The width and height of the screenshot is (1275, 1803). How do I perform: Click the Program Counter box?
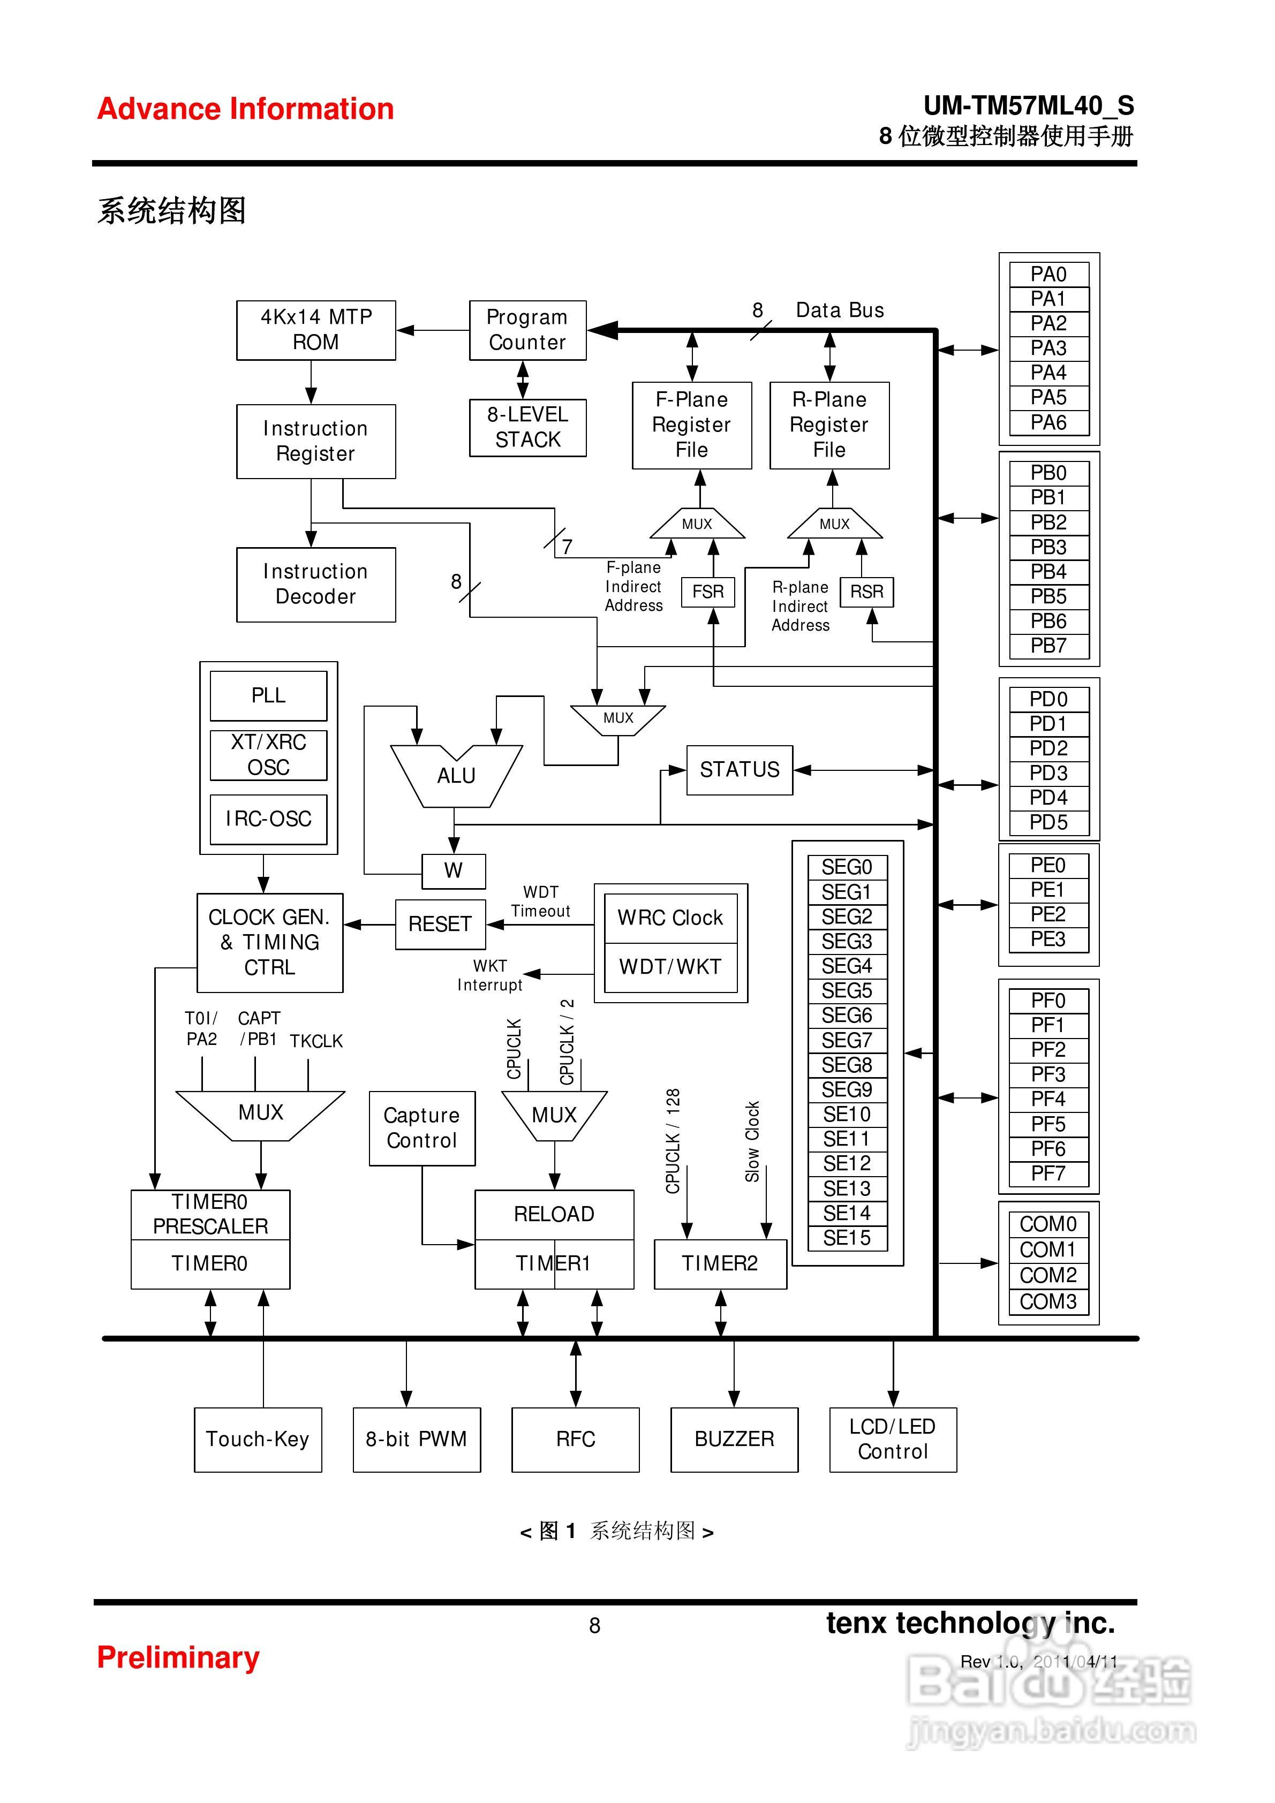pos(527,330)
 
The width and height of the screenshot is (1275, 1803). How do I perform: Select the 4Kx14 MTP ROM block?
pos(316,330)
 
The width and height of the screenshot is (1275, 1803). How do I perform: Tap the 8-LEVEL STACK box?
pos(527,427)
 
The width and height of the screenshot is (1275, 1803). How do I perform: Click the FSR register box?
pos(708,592)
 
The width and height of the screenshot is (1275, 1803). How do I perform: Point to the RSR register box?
pos(866,592)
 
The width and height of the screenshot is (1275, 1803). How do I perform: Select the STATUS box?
pos(739,770)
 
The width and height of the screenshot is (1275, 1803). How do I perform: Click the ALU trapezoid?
pos(456,776)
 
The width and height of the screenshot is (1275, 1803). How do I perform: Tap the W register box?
pos(453,870)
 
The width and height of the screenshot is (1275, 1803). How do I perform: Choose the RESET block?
pos(440,925)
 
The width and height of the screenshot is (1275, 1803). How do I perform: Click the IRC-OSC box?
pos(269,819)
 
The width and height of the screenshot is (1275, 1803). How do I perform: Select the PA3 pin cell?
pos(1048,348)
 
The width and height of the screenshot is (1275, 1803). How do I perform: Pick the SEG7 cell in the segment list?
pos(847,1041)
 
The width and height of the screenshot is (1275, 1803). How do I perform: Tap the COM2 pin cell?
pos(1048,1275)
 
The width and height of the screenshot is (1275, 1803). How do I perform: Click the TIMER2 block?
pos(720,1263)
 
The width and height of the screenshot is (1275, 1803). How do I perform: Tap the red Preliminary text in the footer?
pos(178,1657)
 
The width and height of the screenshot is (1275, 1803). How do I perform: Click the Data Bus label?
pos(840,310)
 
